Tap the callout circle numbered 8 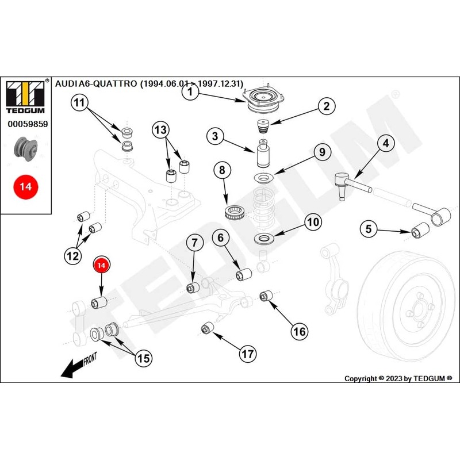(222, 171)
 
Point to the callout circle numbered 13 (160, 130)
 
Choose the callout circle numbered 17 (247, 354)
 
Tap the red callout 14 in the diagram (101, 265)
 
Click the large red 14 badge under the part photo (25, 187)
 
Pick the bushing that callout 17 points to (207, 328)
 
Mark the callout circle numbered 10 (313, 223)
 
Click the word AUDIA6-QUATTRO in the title (95, 83)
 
